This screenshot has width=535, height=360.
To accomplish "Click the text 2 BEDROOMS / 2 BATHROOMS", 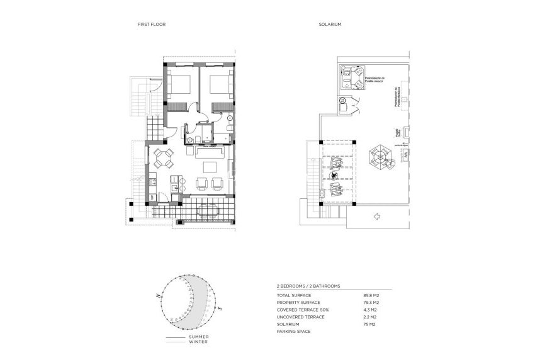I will pyautogui.click(x=308, y=286).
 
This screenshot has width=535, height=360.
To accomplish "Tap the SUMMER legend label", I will pyautogui.click(x=200, y=337).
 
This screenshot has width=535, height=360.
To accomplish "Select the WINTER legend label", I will pyautogui.click(x=199, y=342).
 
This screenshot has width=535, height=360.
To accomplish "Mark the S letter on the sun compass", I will pyautogui.click(x=220, y=308).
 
